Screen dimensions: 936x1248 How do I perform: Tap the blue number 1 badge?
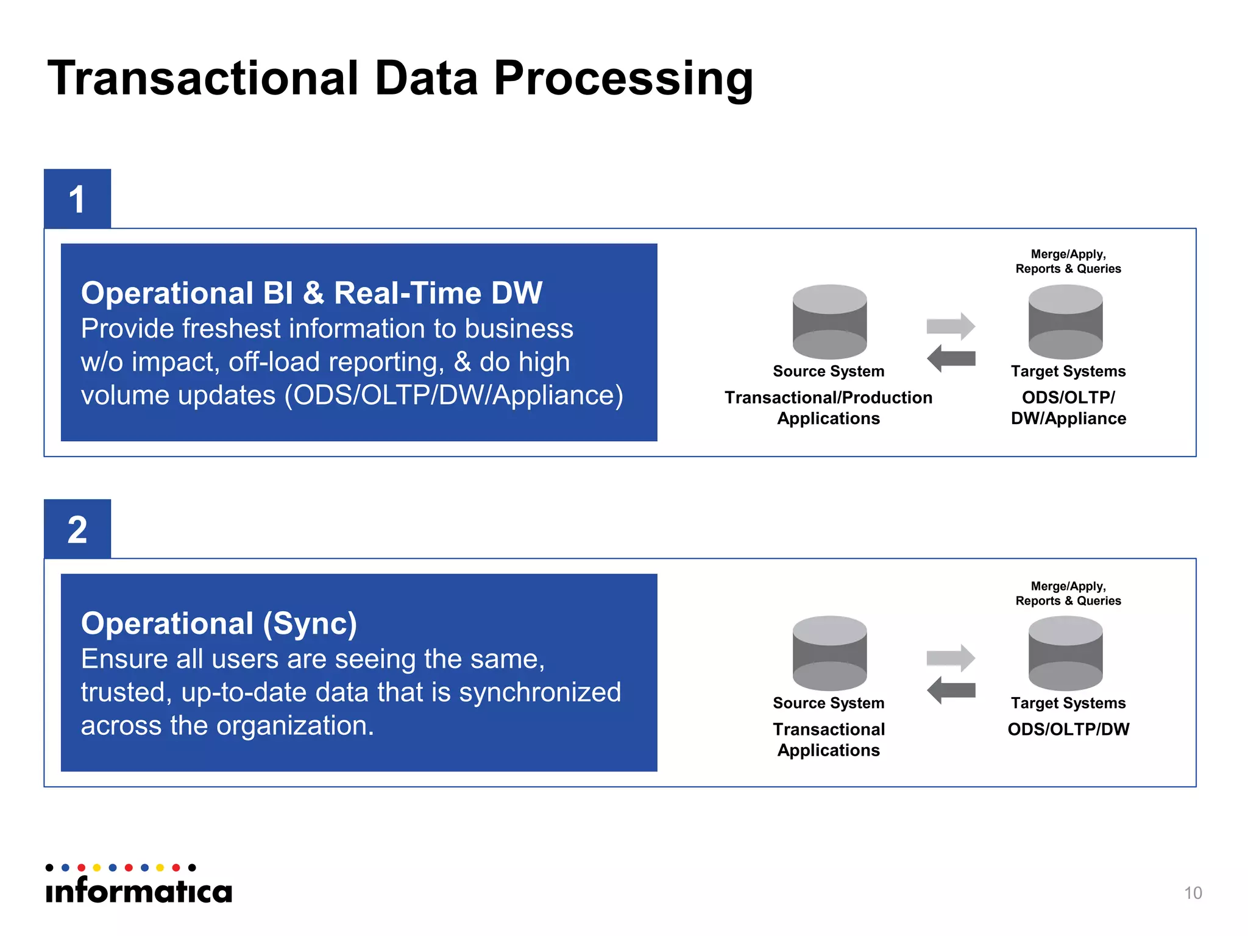(x=77, y=199)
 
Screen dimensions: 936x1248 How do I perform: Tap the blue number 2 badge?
(x=77, y=529)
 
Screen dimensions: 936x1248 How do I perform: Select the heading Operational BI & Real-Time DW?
(x=311, y=293)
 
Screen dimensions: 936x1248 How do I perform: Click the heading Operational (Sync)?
(x=219, y=623)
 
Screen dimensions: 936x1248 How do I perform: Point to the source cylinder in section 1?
(x=829, y=322)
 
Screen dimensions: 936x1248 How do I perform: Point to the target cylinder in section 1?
(x=1065, y=322)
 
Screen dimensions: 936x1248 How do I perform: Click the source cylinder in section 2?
(x=829, y=653)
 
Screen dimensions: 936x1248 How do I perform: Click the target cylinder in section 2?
(x=1065, y=653)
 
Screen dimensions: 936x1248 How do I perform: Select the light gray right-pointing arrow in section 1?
(x=951, y=326)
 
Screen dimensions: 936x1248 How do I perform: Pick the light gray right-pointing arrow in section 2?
(x=951, y=658)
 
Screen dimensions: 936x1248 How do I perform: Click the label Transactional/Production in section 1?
(x=828, y=397)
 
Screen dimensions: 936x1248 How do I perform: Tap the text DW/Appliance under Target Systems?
(x=1068, y=419)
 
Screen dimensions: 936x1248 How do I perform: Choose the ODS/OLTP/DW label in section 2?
(x=1068, y=729)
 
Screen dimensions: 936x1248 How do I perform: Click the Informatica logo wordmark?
(x=139, y=891)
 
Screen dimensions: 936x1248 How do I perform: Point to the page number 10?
(x=1193, y=893)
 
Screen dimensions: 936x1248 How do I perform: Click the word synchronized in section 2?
(x=539, y=692)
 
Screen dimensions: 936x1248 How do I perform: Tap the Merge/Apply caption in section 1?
(x=1068, y=254)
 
